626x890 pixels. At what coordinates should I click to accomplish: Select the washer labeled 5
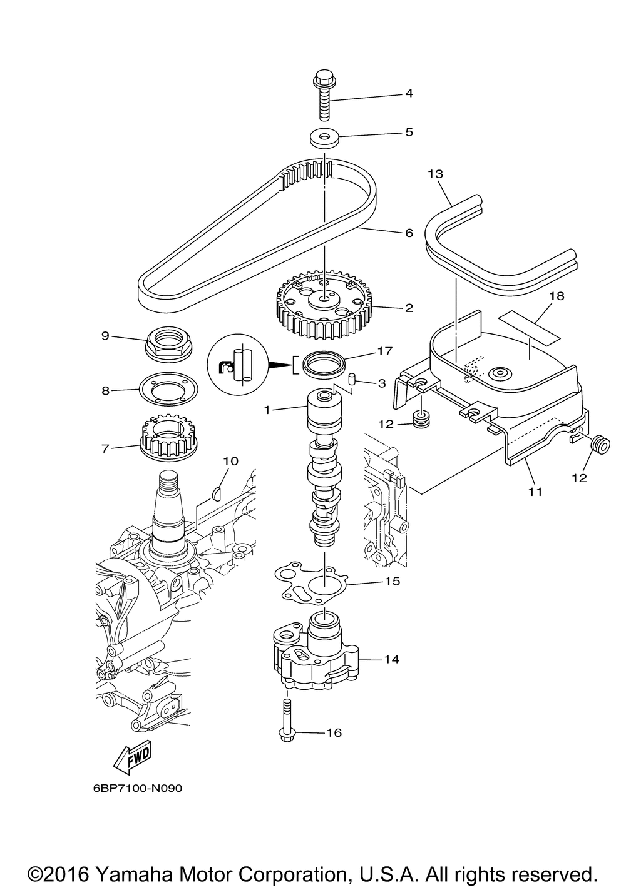pos(324,136)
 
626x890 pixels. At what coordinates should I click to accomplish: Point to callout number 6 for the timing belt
pos(409,233)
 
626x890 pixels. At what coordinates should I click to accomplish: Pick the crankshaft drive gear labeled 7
pos(167,437)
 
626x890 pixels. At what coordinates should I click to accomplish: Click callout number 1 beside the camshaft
pos(267,410)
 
